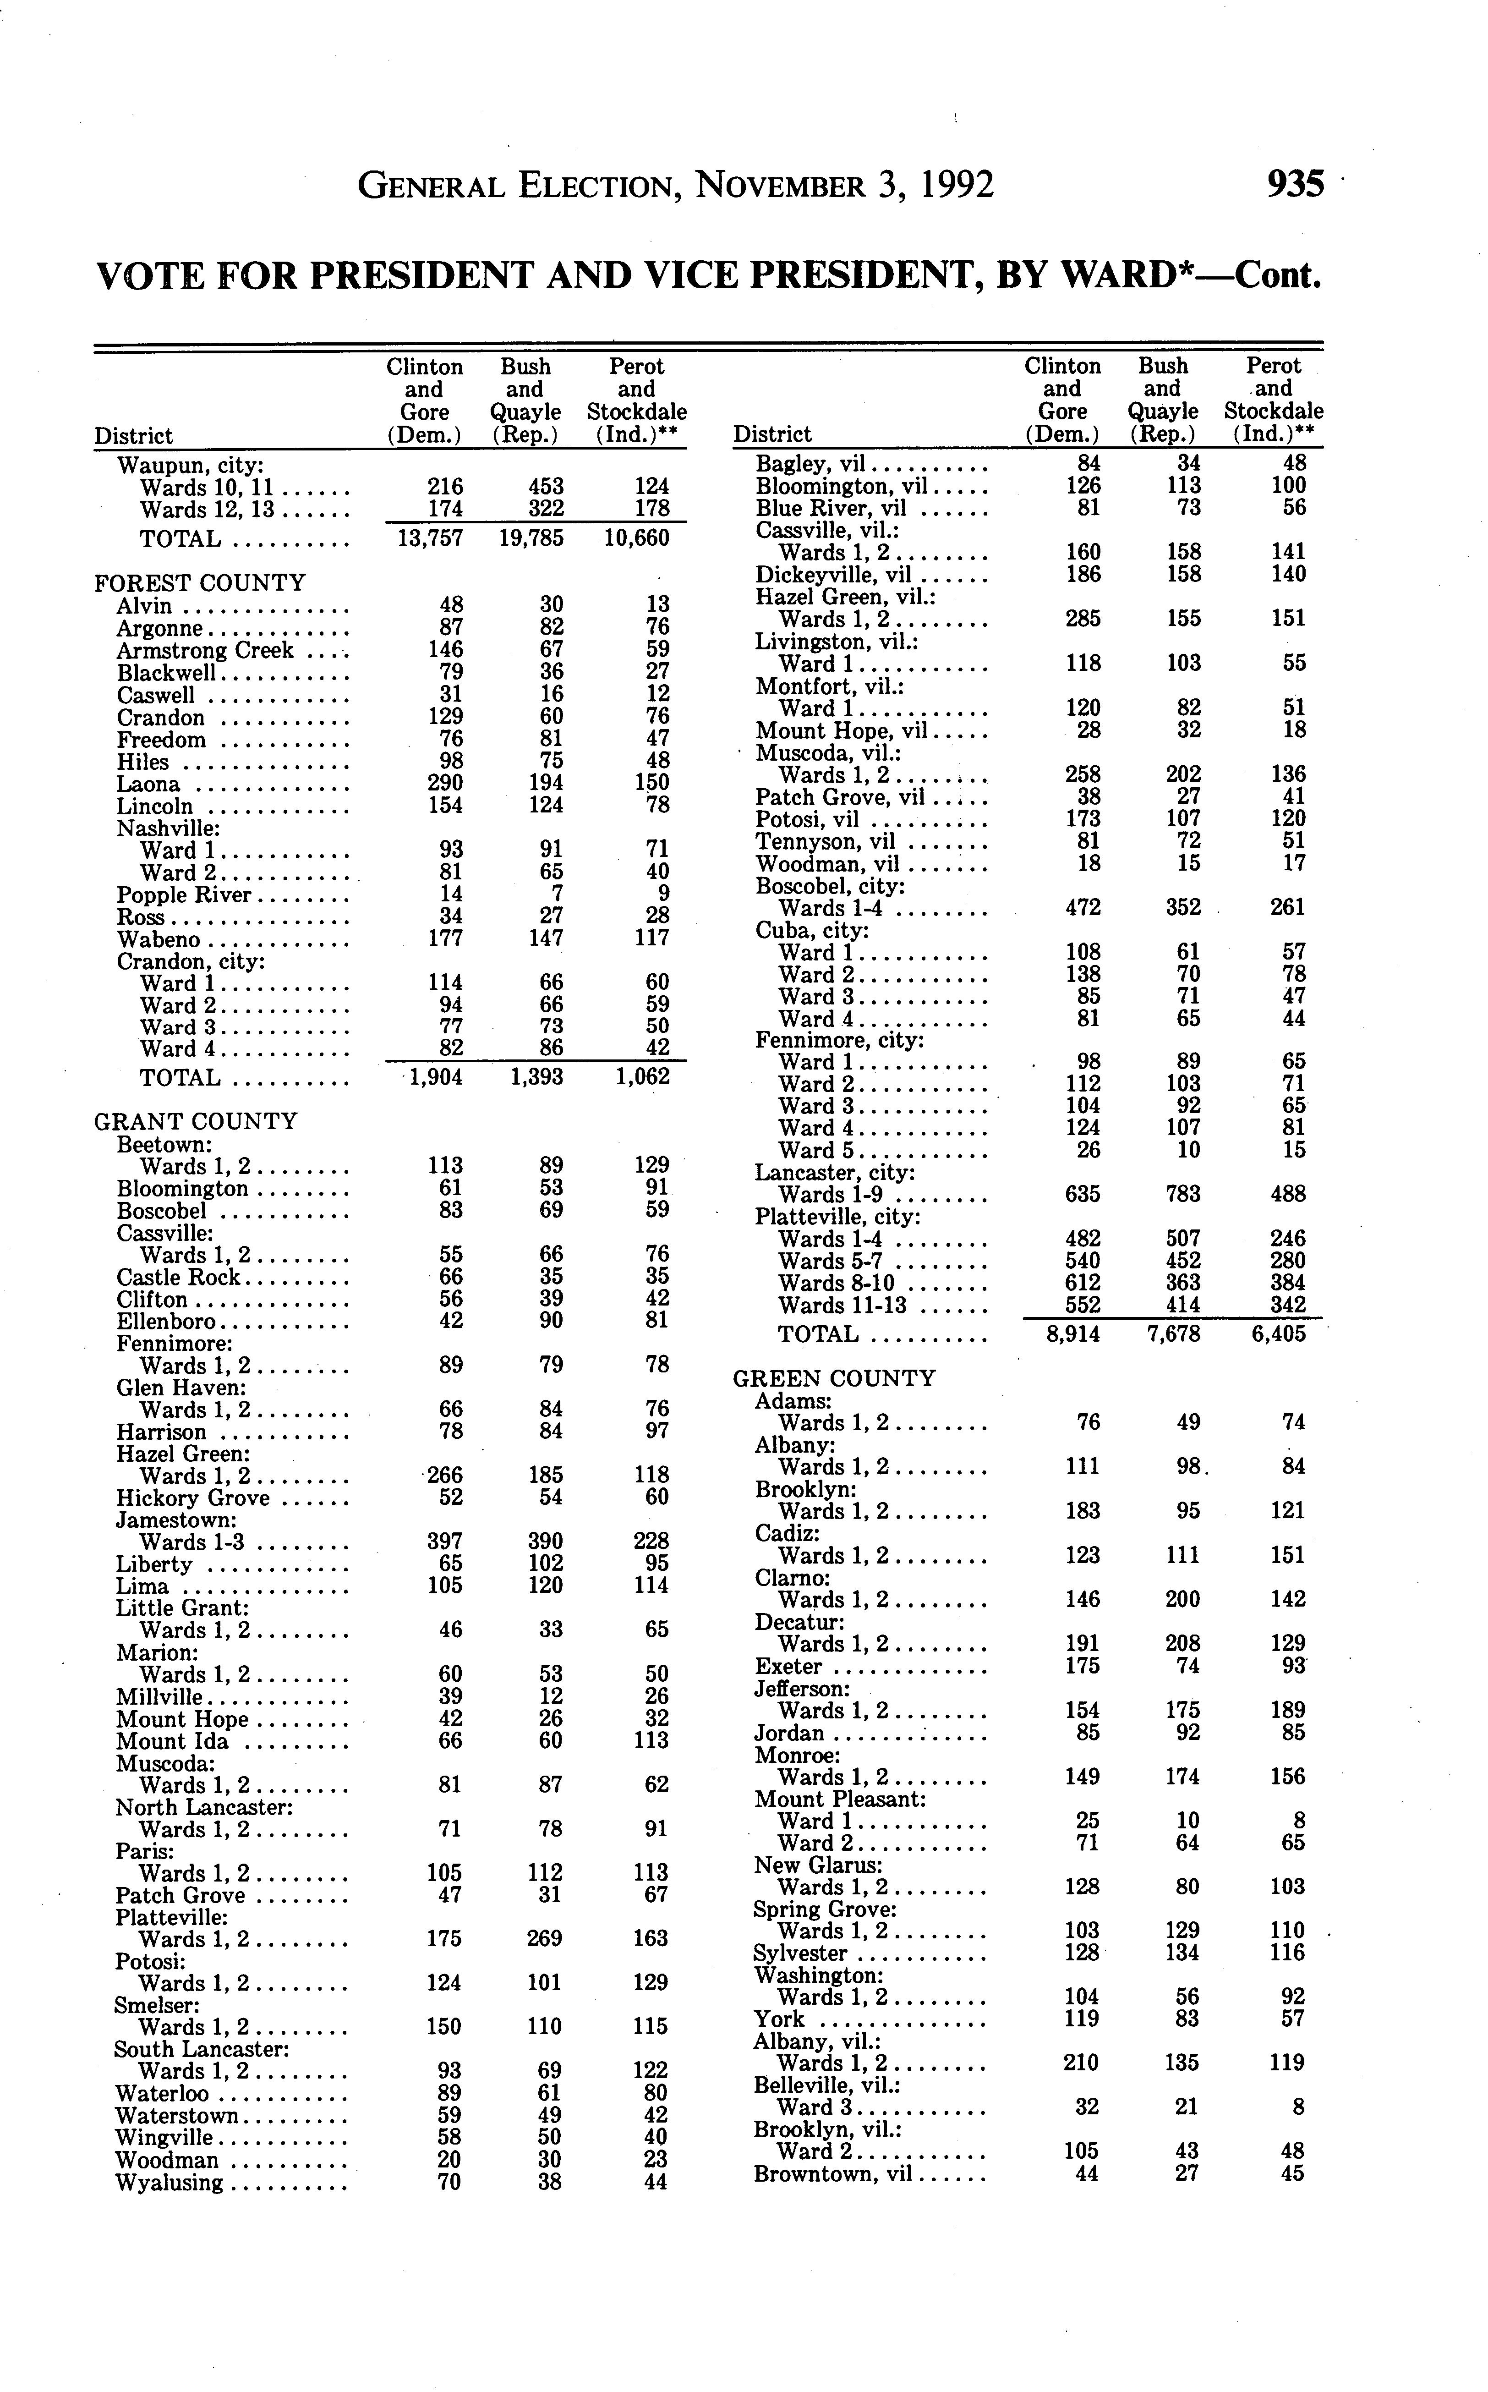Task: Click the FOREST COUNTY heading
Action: point(200,583)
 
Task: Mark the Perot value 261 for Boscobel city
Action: point(1286,906)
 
